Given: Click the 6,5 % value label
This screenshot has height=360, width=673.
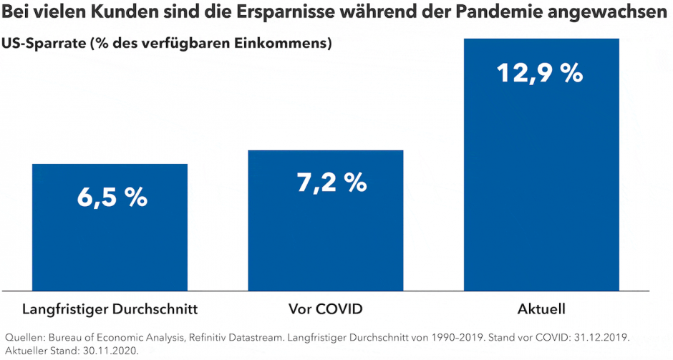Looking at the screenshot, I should [112, 198].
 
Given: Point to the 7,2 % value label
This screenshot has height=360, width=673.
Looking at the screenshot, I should [331, 183].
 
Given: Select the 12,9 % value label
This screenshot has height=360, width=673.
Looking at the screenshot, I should [541, 72].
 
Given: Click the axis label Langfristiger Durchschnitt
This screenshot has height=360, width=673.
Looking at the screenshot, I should [110, 310].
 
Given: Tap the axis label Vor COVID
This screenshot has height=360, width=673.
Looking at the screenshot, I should [326, 310].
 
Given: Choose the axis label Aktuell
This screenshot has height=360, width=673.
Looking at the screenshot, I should [541, 310].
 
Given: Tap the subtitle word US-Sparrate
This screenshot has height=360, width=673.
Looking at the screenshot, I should [42, 44].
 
